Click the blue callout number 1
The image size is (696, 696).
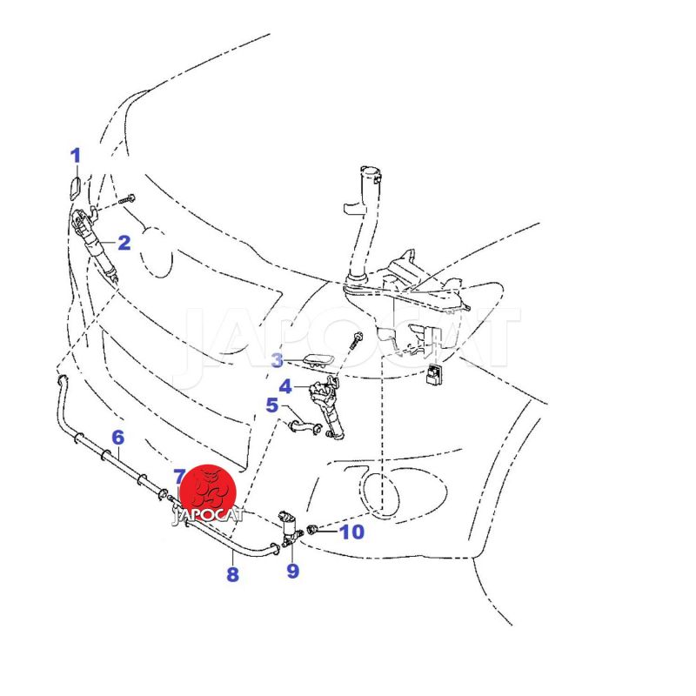tap(76, 156)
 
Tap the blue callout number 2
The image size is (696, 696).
tap(124, 243)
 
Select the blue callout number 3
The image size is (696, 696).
tap(277, 360)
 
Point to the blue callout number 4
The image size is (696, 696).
tap(285, 386)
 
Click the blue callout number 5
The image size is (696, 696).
tap(272, 405)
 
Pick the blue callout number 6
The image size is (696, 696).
tap(118, 437)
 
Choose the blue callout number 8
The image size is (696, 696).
tap(232, 574)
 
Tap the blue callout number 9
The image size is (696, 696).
tap(292, 571)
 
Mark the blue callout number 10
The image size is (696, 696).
tap(351, 531)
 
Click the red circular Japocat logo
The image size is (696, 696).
tap(208, 493)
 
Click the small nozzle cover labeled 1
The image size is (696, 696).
tap(76, 186)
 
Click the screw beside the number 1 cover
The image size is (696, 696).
tap(130, 198)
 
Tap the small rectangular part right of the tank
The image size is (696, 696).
tap(433, 374)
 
